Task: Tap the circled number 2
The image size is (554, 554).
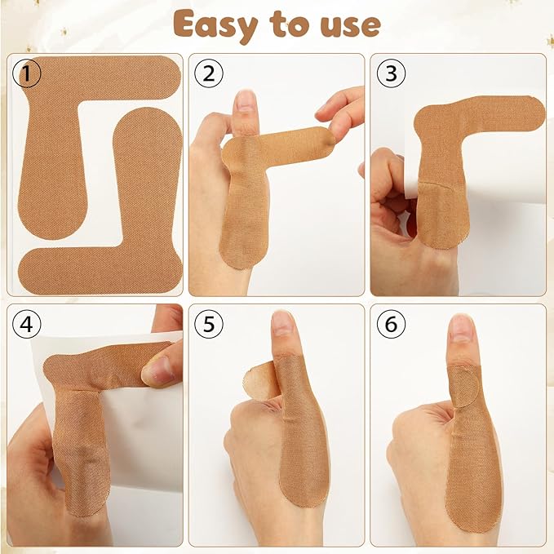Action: click(x=210, y=75)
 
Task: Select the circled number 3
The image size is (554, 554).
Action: click(x=391, y=75)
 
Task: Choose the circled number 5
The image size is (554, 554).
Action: click(x=210, y=326)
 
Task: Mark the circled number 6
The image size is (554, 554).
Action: click(x=391, y=326)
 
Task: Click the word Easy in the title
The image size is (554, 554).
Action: click(x=219, y=24)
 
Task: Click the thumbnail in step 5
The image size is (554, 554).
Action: click(x=282, y=324)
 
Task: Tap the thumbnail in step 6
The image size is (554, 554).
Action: click(x=461, y=328)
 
